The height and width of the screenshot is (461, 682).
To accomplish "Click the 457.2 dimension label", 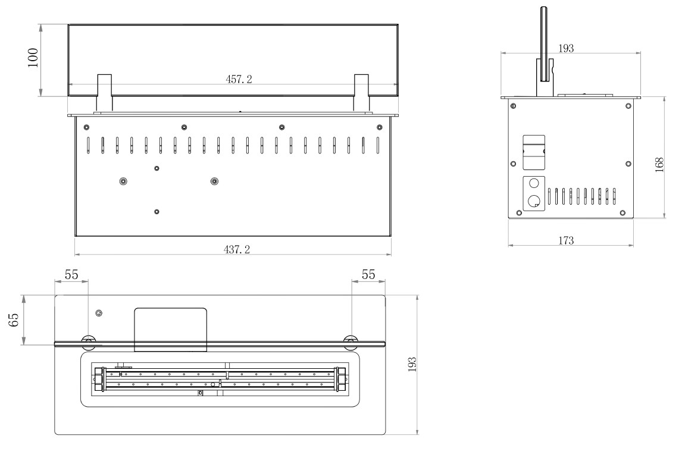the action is coord(239,79).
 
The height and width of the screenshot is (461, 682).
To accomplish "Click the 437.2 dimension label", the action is coord(237,249).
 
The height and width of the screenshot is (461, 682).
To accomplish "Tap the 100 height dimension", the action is coord(33,58).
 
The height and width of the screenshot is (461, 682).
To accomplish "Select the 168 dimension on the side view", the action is coord(659,165).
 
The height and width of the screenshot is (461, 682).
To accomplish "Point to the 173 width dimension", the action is coord(566,240).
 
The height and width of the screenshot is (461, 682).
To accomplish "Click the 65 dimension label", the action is coord(14,319).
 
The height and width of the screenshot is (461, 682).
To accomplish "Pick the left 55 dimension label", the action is coord(71,275).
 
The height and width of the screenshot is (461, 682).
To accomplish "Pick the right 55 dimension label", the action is coord(368,274).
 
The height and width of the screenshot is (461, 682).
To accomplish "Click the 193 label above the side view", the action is coord(566,48).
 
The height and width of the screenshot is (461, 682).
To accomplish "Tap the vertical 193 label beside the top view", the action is coord(412,365).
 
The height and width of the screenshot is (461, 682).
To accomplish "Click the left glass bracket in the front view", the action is coord(104,93).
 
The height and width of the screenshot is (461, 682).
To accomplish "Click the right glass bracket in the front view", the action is coord(361,93).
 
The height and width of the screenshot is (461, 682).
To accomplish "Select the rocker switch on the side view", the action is coord(534,152).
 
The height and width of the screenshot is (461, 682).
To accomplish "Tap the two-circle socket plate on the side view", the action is coord(534,193).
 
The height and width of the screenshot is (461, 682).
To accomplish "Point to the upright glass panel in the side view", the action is coord(544,43).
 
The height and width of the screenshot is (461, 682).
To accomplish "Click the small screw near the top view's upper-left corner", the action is coord(99,313).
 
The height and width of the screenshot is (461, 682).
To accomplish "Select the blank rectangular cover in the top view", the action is coord(170,330).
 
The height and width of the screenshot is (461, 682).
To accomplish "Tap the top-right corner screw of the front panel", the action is coord(380,127).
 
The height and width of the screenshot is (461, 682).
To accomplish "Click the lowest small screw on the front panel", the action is coord(157,212).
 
